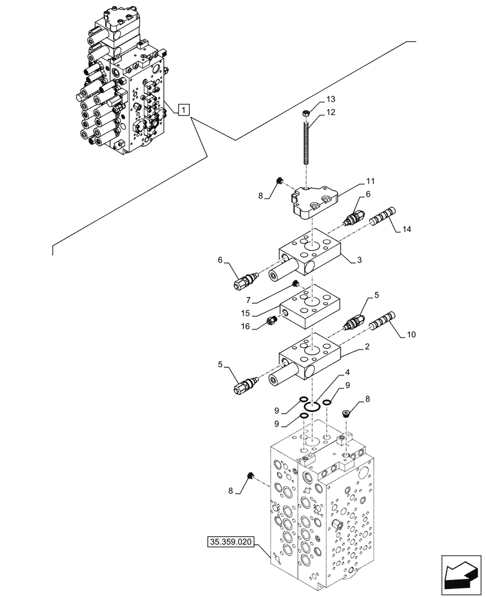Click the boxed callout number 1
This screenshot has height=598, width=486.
click(x=184, y=109)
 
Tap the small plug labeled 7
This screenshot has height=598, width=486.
click(x=295, y=283)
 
